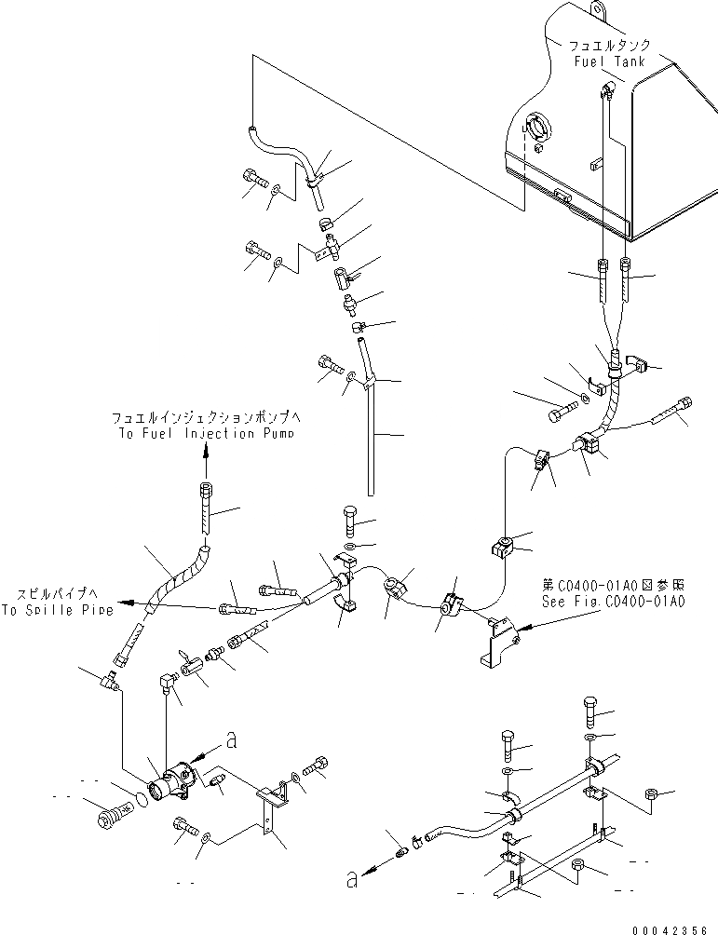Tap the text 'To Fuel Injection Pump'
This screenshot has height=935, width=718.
tap(207, 434)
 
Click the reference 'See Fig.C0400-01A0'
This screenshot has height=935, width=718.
tap(615, 602)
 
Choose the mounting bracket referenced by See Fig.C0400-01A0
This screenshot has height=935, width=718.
tap(493, 642)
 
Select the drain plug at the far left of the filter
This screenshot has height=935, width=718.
tap(109, 817)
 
